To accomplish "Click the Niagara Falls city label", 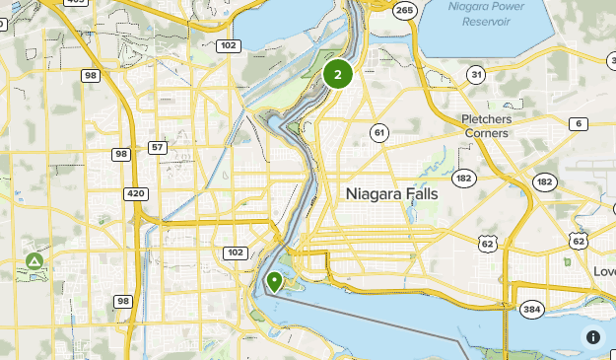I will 392,194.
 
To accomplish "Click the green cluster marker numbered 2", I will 338,74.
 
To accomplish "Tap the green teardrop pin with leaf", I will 274,282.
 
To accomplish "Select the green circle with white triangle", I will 34,261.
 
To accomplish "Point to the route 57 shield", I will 158,148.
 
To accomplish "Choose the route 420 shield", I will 136,193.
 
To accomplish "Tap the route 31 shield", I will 476,75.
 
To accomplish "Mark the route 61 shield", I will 379,131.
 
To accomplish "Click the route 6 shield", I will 578,123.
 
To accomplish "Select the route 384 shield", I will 532,310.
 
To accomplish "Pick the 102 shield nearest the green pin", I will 235,252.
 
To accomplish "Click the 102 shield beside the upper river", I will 229,45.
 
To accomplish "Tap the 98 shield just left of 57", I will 121,154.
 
